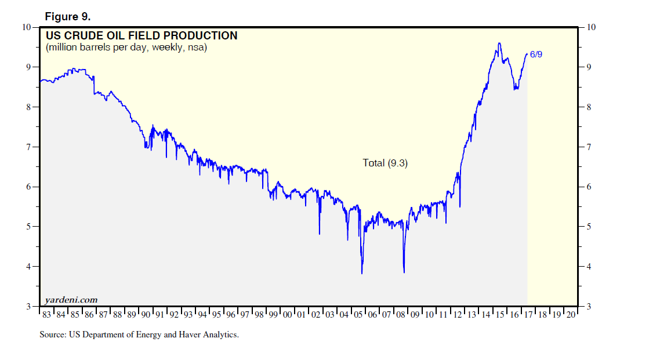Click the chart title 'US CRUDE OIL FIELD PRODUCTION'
tap(141, 36)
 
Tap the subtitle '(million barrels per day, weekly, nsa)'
tap(126, 48)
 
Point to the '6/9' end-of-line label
tap(536, 54)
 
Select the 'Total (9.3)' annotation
tap(385, 163)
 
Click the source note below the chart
tap(139, 334)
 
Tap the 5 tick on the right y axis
tap(589, 227)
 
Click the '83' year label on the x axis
tap(47, 314)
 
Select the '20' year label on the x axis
tap(571, 314)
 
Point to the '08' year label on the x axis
tap(401, 314)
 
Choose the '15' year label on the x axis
tap(500, 314)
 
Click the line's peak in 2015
tap(499, 43)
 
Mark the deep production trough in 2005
tap(362, 273)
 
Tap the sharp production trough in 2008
tap(404, 272)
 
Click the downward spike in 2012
tap(460, 206)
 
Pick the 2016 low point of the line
tap(515, 89)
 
